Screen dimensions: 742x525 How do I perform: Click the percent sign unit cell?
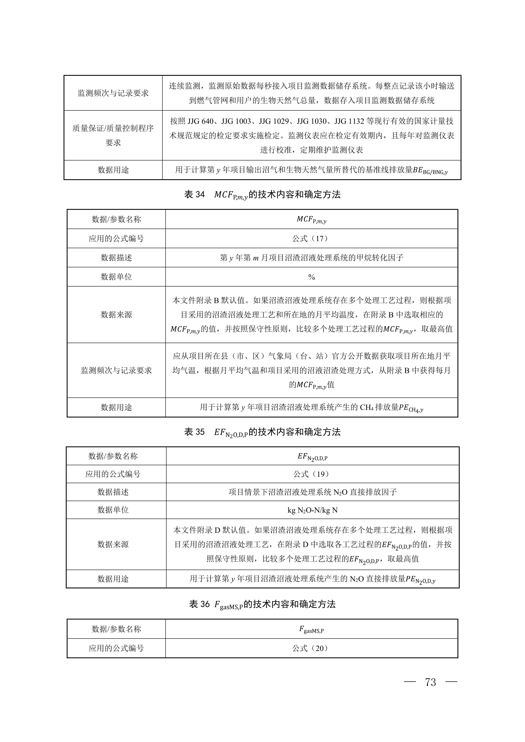[x=311, y=277]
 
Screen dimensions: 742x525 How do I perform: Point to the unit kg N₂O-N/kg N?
[x=312, y=510]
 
